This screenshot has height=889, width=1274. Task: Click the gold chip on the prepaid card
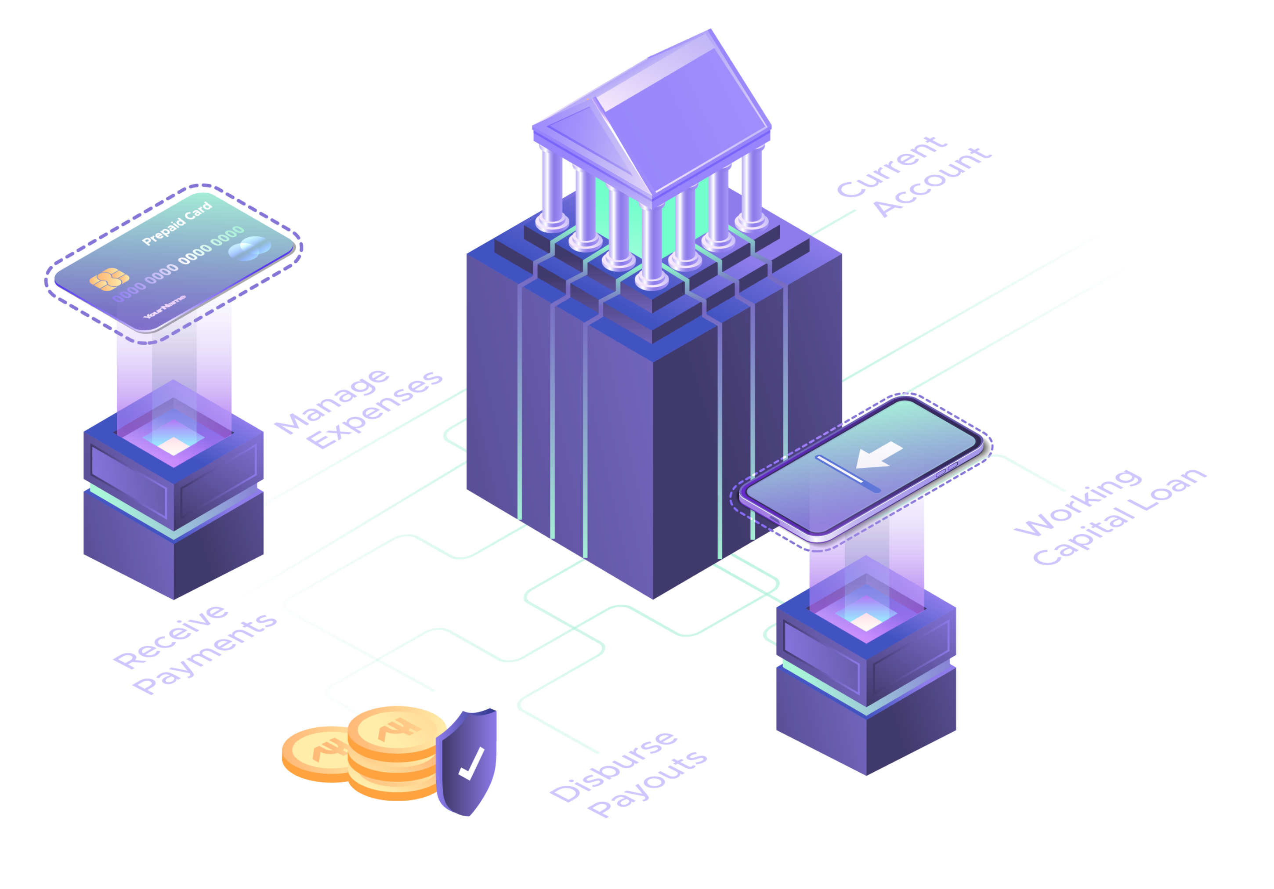point(109,279)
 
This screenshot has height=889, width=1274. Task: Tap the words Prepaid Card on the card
point(177,223)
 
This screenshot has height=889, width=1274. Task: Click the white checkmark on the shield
point(471,764)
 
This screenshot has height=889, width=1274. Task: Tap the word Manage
point(332,401)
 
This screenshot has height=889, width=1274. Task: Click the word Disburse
point(614,766)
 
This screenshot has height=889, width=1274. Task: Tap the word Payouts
point(648,783)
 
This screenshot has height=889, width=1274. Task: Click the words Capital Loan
point(1119,517)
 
